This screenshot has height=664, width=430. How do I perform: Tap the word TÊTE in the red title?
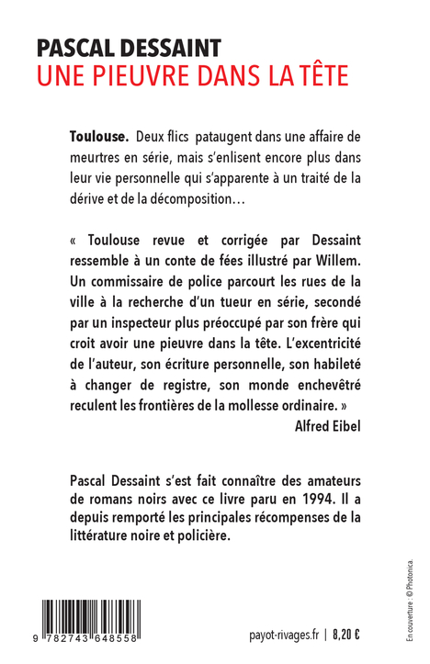tap(319, 76)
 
